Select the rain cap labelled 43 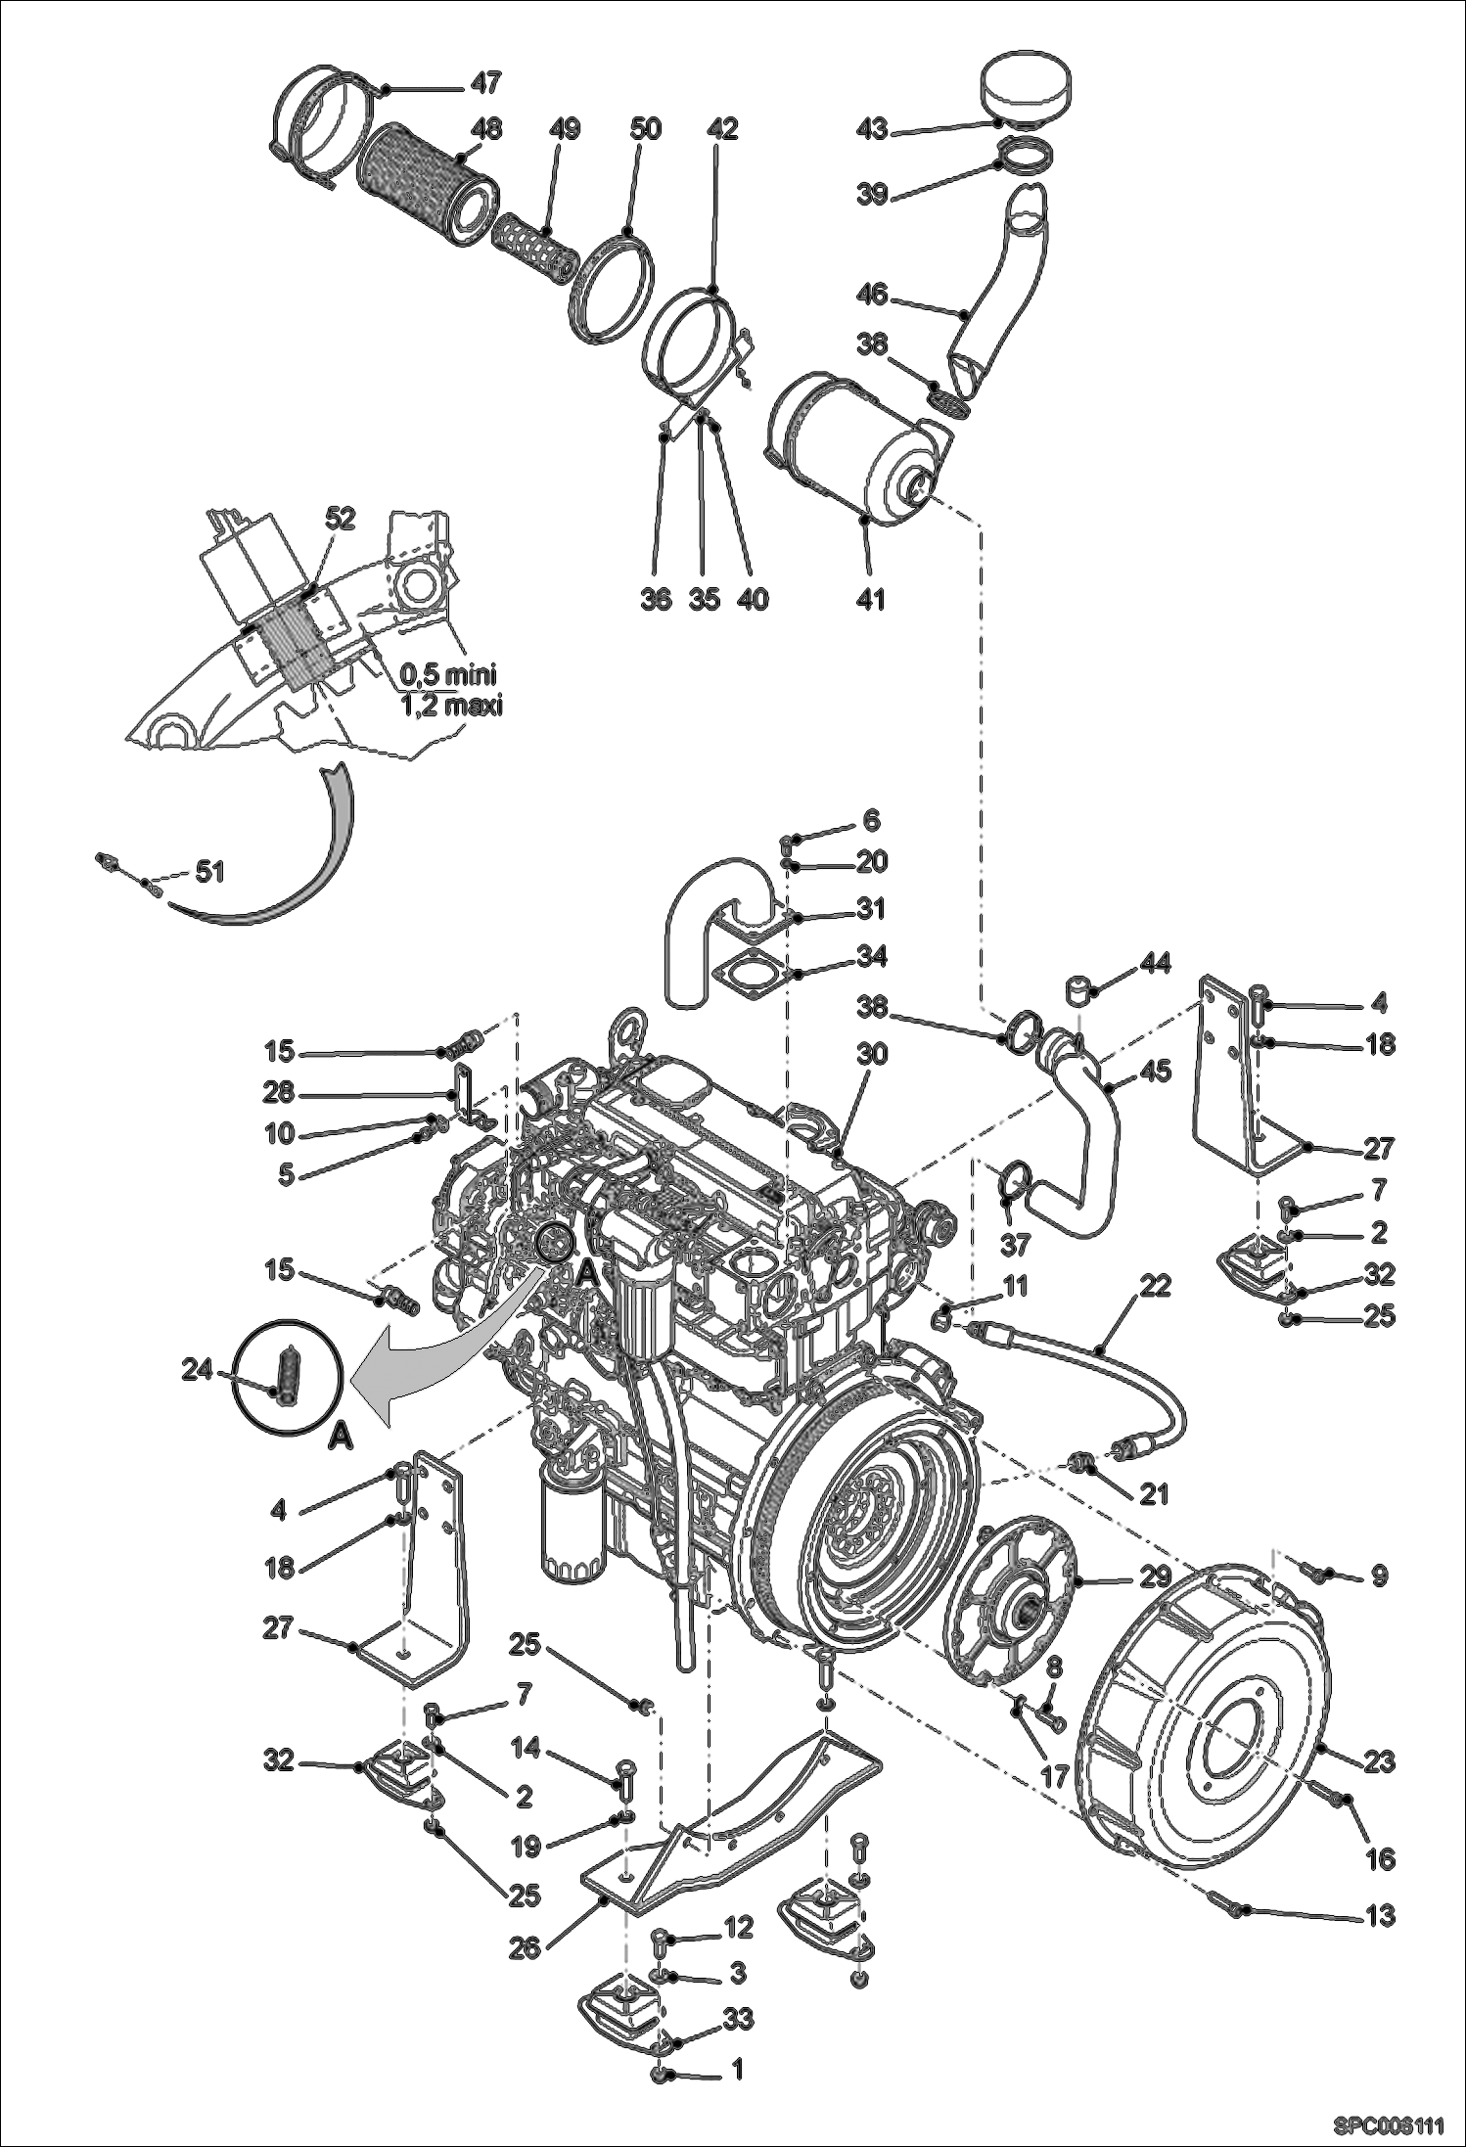(1027, 90)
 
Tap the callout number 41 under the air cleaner (870, 598)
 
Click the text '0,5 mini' (448, 674)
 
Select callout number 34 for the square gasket (871, 955)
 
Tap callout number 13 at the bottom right (1379, 1914)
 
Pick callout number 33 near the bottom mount (738, 2018)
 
